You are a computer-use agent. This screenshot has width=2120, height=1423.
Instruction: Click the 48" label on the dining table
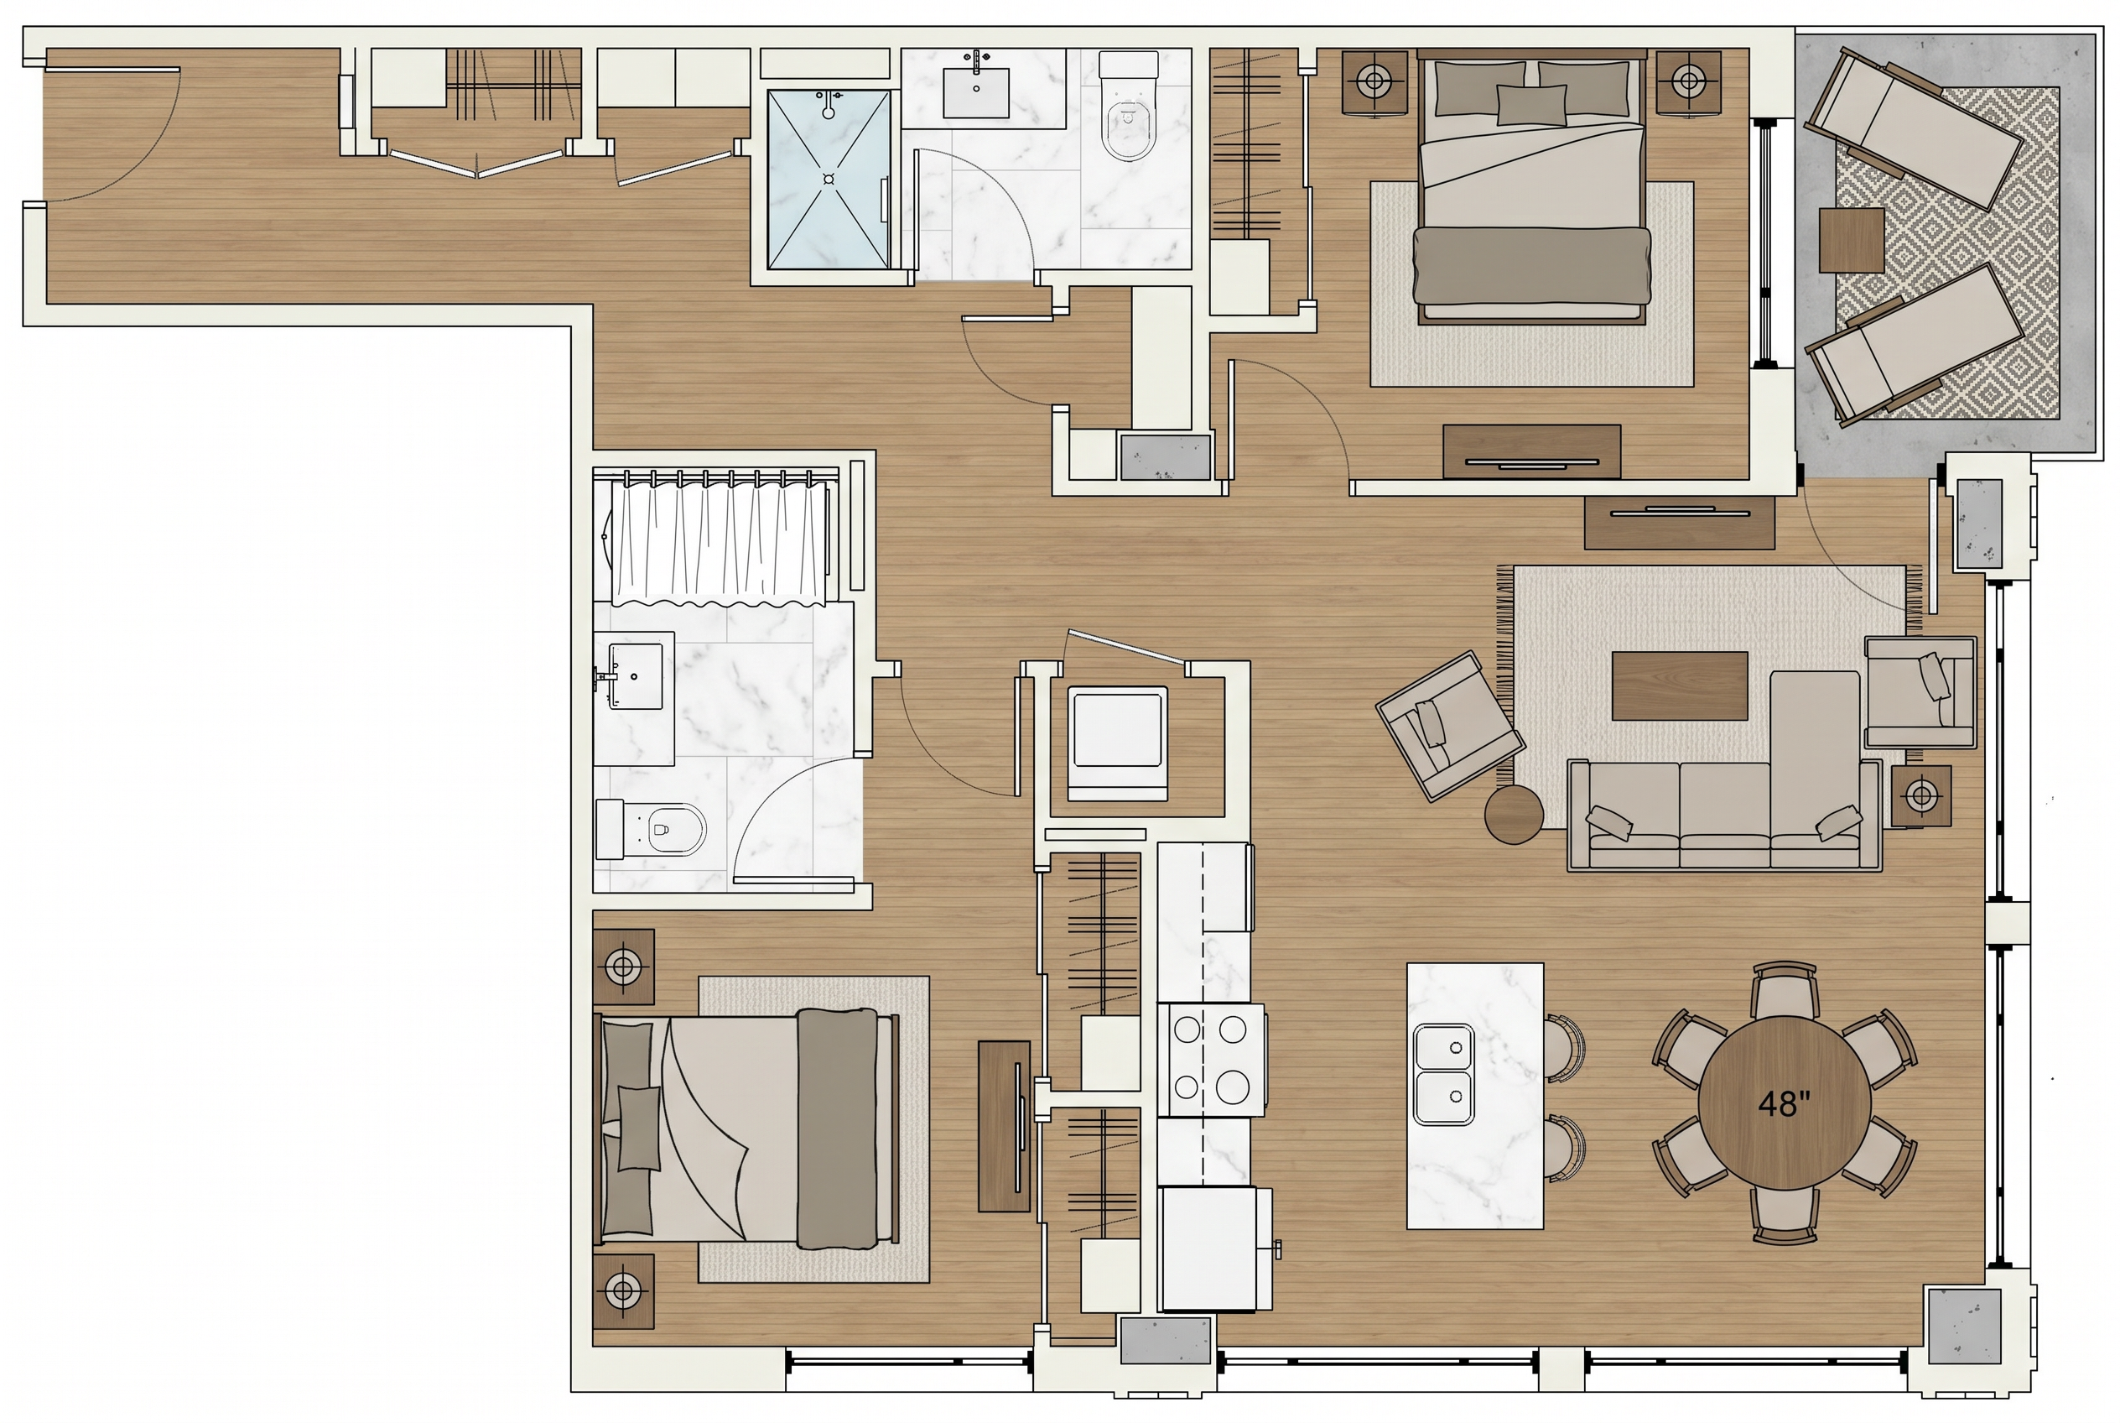point(1784,1103)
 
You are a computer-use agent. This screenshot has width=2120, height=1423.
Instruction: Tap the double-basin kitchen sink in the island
point(1444,1075)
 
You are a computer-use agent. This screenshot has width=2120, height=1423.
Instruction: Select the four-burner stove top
point(1211,1059)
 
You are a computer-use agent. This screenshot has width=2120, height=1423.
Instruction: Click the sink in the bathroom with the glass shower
point(976,86)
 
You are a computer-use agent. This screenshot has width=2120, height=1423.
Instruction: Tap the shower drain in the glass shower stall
point(829,179)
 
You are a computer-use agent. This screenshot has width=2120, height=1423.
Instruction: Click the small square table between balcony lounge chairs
point(1852,240)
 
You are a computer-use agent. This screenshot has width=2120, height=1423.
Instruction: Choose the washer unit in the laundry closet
point(1118,743)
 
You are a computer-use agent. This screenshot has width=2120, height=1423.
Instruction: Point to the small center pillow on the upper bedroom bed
point(1531,104)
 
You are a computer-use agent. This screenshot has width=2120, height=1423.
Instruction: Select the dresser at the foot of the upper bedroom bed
point(1532,451)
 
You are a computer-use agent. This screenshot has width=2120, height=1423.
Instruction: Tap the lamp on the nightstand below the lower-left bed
point(622,1289)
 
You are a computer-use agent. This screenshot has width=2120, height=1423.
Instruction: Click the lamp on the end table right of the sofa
point(1921,796)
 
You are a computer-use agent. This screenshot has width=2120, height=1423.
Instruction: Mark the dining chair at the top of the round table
point(1785,992)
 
